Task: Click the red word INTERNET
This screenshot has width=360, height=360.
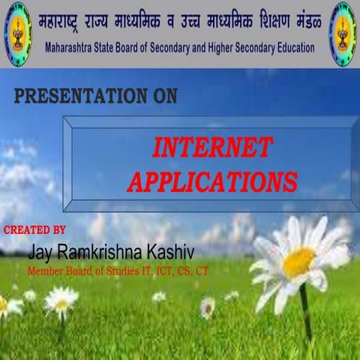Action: tap(212, 148)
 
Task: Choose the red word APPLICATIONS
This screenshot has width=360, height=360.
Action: tap(212, 181)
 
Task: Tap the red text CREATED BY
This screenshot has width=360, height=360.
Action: tap(34, 229)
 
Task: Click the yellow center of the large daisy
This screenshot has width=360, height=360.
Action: tap(298, 262)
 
